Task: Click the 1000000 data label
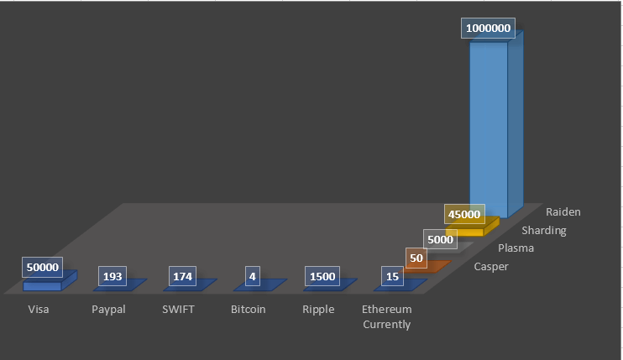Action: [x=488, y=29]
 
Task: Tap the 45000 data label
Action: [x=464, y=214]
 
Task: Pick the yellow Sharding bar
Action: [x=473, y=227]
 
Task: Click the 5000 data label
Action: [x=440, y=239]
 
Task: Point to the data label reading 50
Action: [x=416, y=258]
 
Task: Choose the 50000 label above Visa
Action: [x=43, y=267]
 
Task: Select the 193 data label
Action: [x=113, y=276]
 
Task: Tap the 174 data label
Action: [x=182, y=276]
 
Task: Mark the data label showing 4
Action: [x=253, y=276]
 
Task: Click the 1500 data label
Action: [x=322, y=276]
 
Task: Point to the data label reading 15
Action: [x=393, y=276]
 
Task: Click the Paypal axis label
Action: [x=108, y=310]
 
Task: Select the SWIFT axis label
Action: [x=178, y=309]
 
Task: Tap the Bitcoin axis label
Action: [x=249, y=309]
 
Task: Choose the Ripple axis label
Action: [x=318, y=310]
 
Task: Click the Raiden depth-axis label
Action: [x=563, y=212]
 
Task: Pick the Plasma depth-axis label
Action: [x=516, y=248]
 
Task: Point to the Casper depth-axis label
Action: [x=491, y=267]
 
